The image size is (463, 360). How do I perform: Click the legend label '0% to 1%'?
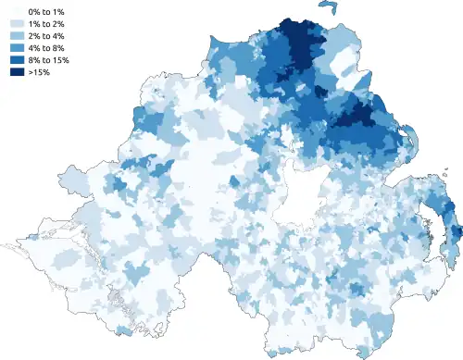click(x=46, y=9)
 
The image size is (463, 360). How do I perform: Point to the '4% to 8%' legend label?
click(x=46, y=46)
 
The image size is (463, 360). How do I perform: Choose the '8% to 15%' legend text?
click(x=48, y=58)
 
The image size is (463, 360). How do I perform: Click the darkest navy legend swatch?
click(x=15, y=70)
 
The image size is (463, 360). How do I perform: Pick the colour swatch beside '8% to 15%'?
click(x=15, y=58)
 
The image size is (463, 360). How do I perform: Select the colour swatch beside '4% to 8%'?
click(x=15, y=46)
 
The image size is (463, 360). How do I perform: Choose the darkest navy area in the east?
click(x=357, y=116)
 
